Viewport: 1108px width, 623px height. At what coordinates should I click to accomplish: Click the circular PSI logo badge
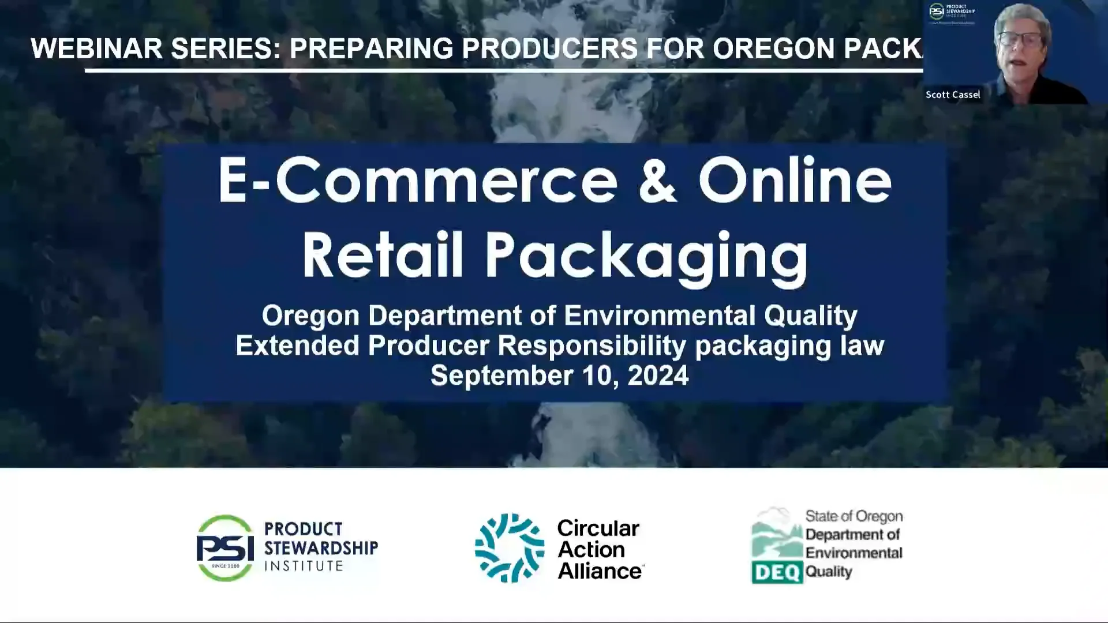[x=226, y=547]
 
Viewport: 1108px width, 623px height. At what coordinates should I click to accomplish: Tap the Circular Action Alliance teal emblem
[x=509, y=548]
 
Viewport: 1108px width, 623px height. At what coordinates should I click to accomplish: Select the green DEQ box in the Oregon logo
[x=777, y=573]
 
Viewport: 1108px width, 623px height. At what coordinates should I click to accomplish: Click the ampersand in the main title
[x=658, y=181]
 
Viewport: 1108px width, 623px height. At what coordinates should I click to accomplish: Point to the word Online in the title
[x=795, y=181]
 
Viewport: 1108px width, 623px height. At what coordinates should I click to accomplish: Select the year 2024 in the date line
[x=658, y=376]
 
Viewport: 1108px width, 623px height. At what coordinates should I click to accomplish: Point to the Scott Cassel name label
[x=953, y=95]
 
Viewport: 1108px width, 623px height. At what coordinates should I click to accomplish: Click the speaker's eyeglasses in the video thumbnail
[x=1020, y=40]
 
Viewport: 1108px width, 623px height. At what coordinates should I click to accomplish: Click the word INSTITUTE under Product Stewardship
[x=304, y=566]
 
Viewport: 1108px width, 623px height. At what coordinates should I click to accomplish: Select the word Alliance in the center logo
[x=600, y=571]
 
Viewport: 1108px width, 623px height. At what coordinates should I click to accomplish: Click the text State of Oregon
[x=854, y=516]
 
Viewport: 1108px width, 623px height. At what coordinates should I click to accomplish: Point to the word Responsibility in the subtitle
[x=592, y=346]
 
